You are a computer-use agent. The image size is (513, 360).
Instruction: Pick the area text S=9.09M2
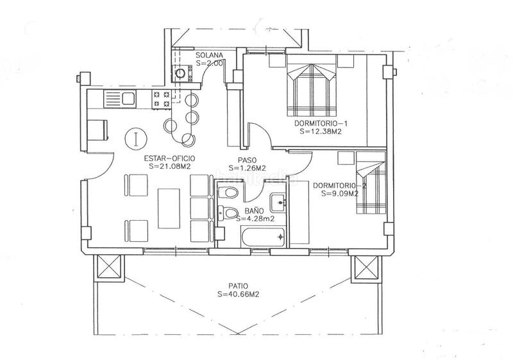coord(337,194)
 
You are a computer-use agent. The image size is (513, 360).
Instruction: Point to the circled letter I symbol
coord(135,137)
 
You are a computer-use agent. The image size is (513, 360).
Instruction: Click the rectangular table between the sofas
coord(169,207)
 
